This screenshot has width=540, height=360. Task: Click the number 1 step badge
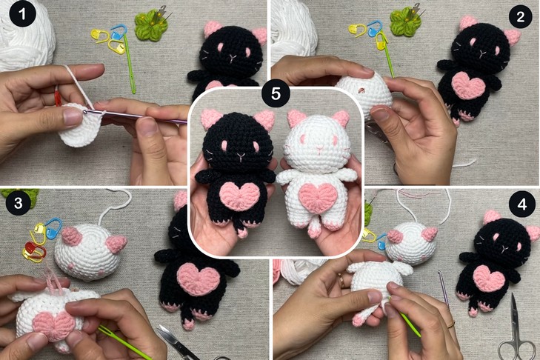22,14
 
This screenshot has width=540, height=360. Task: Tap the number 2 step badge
520,16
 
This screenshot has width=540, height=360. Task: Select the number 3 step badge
19,202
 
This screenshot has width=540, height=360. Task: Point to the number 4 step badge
522,204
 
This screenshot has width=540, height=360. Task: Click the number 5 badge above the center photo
276,93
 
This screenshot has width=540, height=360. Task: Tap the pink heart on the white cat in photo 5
317,197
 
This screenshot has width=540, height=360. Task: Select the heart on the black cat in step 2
468,85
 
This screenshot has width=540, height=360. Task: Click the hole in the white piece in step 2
361,90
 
